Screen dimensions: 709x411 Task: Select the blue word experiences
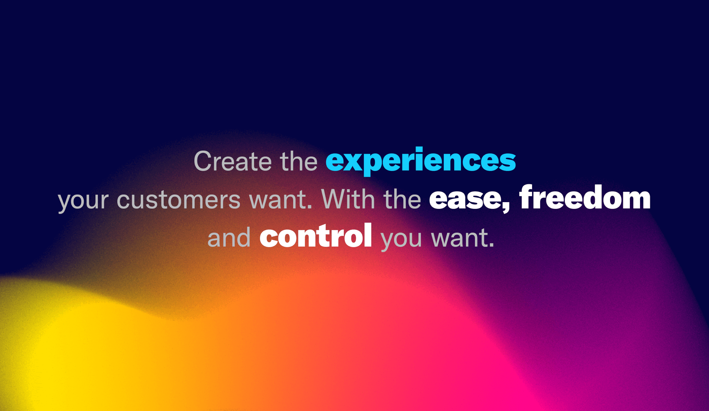pyautogui.click(x=421, y=161)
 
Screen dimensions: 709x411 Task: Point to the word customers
pyautogui.click(x=179, y=200)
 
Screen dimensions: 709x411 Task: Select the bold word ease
pyautogui.click(x=466, y=200)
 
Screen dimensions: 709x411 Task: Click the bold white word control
pyautogui.click(x=316, y=235)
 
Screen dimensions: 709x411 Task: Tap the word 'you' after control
pyautogui.click(x=401, y=240)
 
